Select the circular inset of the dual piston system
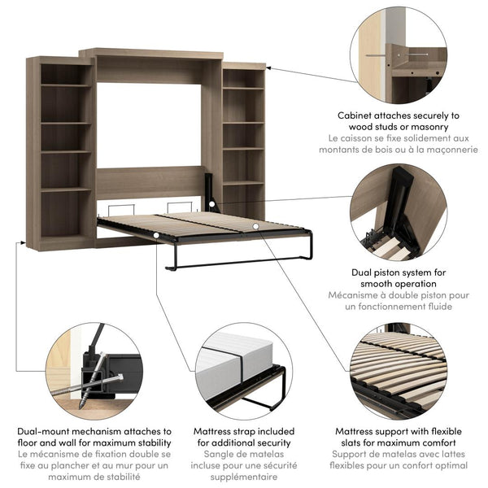399,208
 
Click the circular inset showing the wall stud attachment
399,54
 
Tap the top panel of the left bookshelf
59,59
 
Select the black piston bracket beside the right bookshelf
211,192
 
